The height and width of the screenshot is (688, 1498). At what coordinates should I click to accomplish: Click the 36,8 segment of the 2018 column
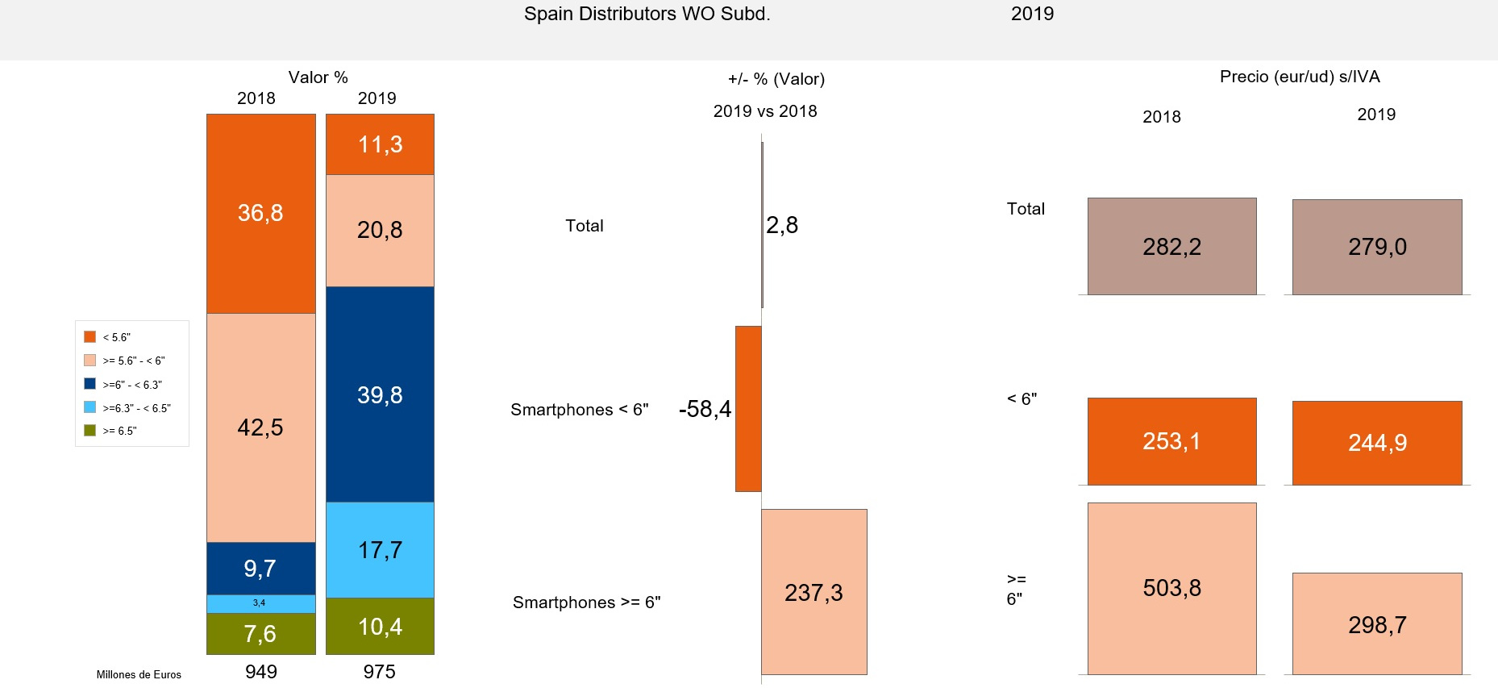click(260, 213)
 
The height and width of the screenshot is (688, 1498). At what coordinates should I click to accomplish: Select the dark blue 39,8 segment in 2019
click(380, 394)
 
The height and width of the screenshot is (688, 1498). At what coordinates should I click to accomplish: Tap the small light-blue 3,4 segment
click(260, 603)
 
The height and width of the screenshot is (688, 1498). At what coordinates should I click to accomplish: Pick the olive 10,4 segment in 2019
click(380, 626)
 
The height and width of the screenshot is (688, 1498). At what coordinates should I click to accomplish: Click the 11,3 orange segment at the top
click(380, 144)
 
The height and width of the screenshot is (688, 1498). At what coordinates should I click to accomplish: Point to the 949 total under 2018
click(260, 671)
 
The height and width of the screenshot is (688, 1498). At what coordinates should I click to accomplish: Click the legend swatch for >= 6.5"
click(89, 431)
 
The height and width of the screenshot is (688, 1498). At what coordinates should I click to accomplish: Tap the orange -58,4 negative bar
click(748, 409)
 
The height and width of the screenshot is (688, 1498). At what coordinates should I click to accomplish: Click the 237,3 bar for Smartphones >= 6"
click(813, 592)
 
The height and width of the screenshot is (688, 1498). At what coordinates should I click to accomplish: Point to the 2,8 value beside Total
click(781, 225)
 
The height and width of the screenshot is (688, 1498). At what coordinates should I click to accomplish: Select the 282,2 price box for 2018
click(1171, 246)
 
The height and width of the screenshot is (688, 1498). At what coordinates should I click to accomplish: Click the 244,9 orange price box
click(1376, 443)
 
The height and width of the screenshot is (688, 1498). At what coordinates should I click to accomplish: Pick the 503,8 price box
click(1171, 588)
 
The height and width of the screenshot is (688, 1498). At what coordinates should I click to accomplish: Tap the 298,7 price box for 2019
click(1376, 624)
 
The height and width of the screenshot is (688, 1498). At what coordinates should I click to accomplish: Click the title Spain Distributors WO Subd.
click(647, 14)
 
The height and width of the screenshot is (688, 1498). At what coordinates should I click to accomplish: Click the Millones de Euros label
click(139, 674)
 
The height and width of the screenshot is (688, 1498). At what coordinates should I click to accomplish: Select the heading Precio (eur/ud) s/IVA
click(1299, 77)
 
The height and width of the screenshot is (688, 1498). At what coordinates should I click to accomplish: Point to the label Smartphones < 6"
click(579, 410)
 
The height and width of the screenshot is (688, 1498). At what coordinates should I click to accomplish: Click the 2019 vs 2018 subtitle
click(764, 111)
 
